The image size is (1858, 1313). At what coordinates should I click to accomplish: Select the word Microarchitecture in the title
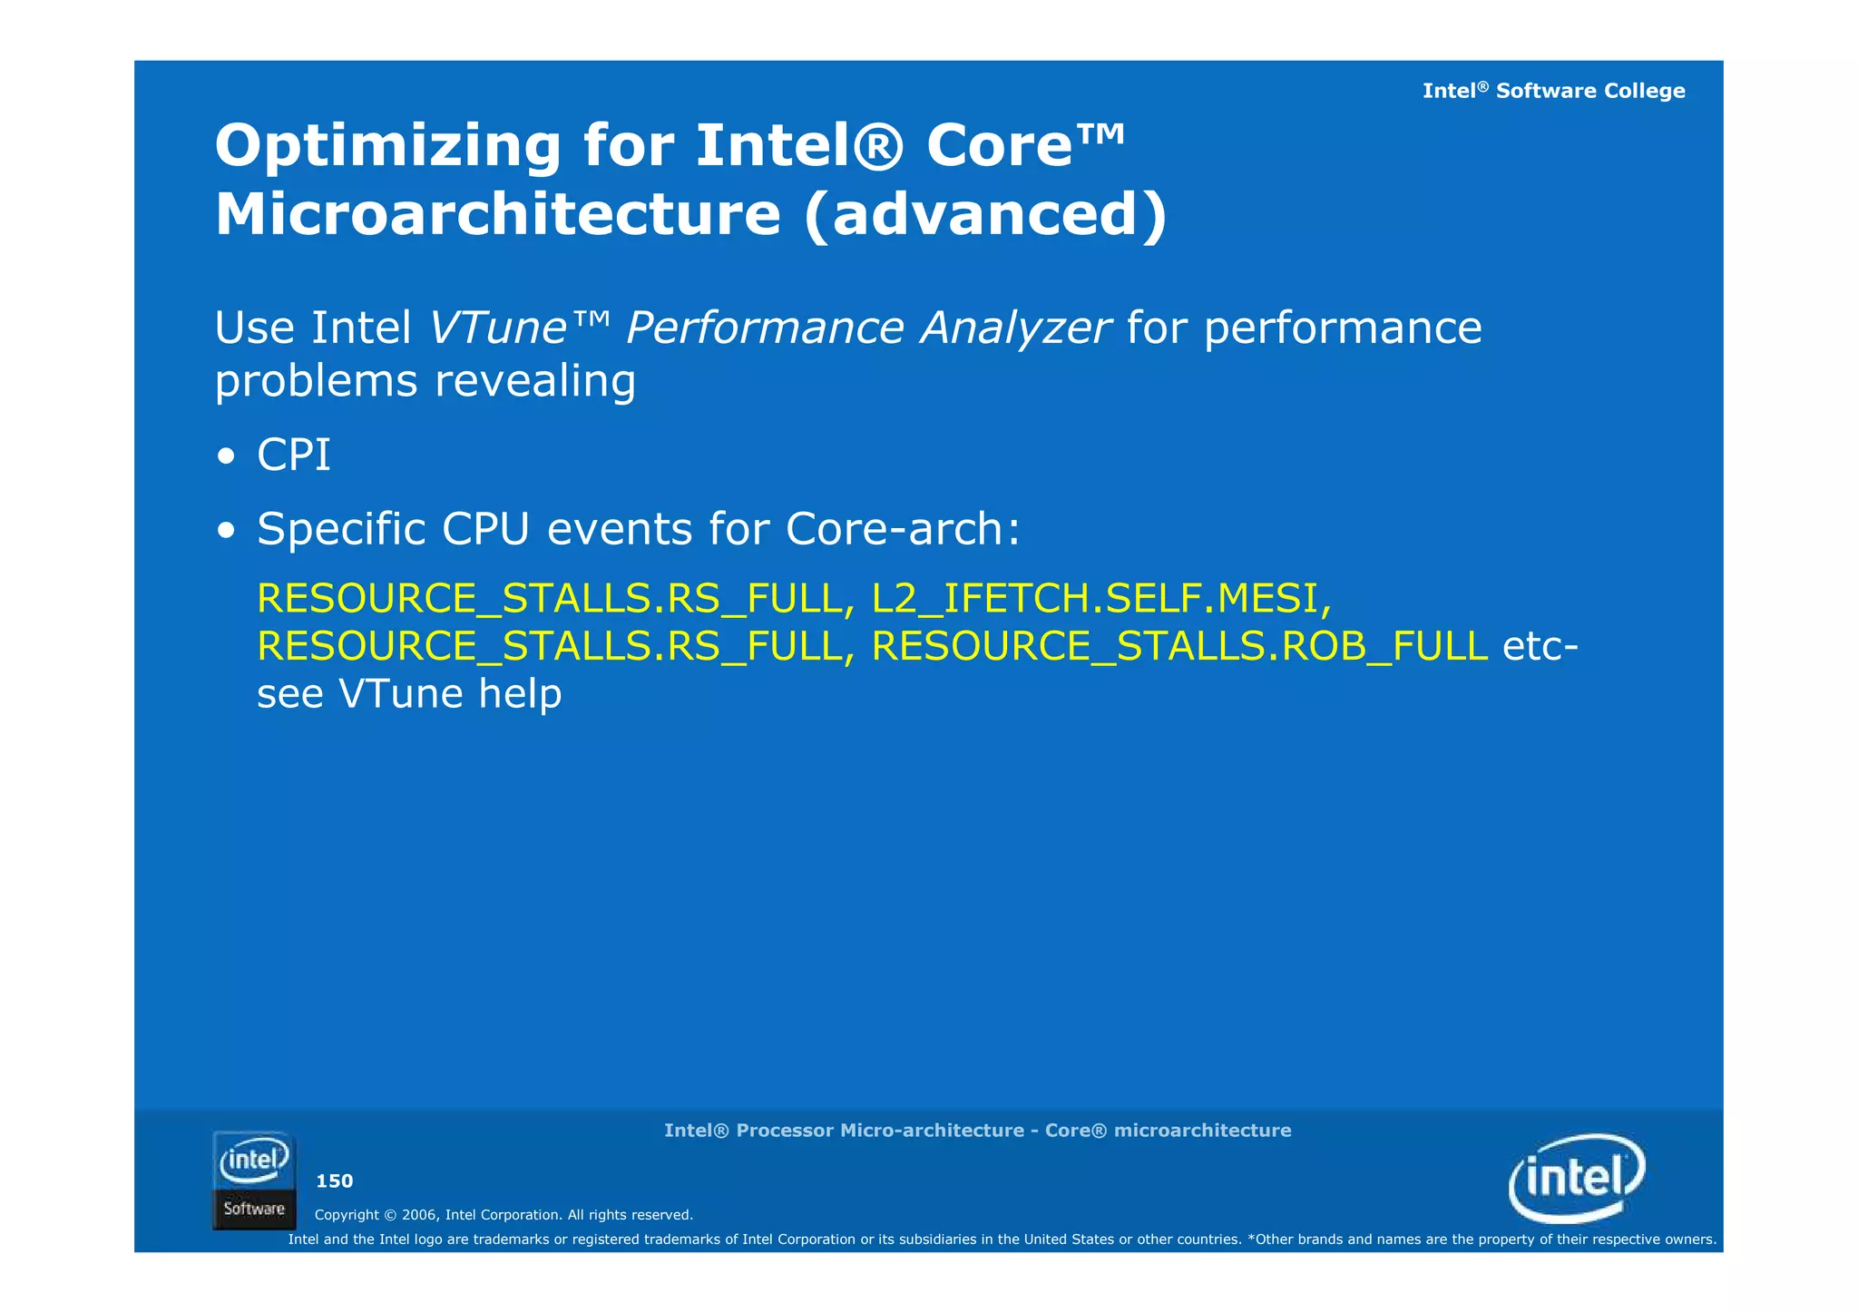pos(497,215)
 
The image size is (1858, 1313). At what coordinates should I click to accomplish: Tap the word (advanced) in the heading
pos(985,215)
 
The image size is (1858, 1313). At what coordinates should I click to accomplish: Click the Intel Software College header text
pos(1553,91)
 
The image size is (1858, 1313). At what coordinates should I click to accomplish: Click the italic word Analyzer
pos(1015,328)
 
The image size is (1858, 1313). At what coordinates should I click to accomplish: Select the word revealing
pos(535,380)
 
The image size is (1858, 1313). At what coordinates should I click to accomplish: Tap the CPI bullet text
pos(293,455)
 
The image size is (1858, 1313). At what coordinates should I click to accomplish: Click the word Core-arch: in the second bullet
pos(903,529)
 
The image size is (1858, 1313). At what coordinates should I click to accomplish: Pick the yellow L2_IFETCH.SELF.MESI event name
pos(1100,598)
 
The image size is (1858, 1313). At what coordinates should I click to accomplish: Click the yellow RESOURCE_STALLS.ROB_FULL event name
pos(1178,646)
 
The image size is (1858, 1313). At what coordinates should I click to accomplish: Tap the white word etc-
pos(1540,646)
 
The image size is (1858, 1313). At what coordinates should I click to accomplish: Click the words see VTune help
pos(409,694)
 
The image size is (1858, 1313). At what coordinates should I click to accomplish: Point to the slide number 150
pos(334,1181)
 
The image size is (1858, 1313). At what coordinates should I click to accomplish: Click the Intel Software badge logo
pos(254,1180)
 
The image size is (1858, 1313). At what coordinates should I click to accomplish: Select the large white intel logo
pos(1577,1178)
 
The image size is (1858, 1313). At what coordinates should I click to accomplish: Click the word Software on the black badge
pos(254,1209)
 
